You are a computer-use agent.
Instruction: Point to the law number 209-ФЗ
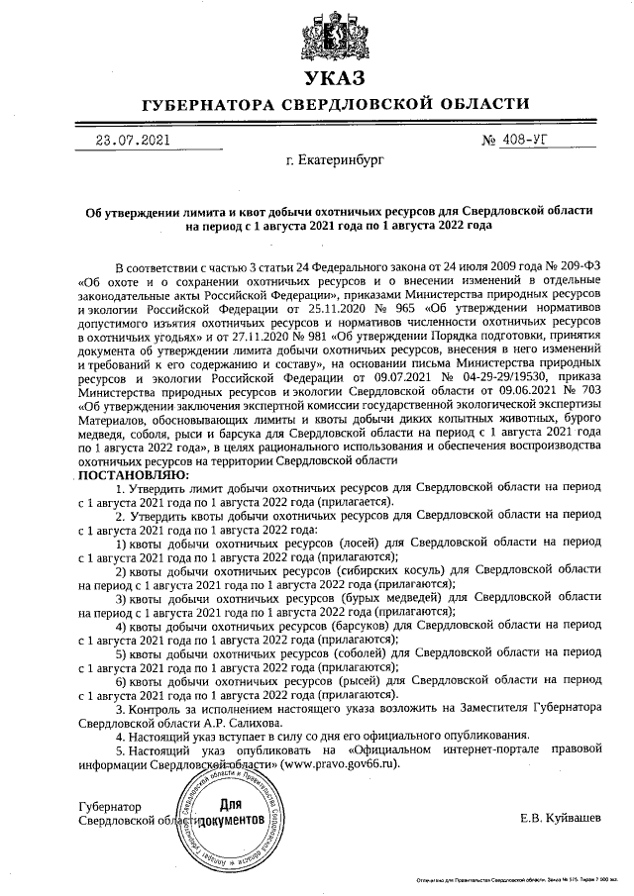coord(575,266)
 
